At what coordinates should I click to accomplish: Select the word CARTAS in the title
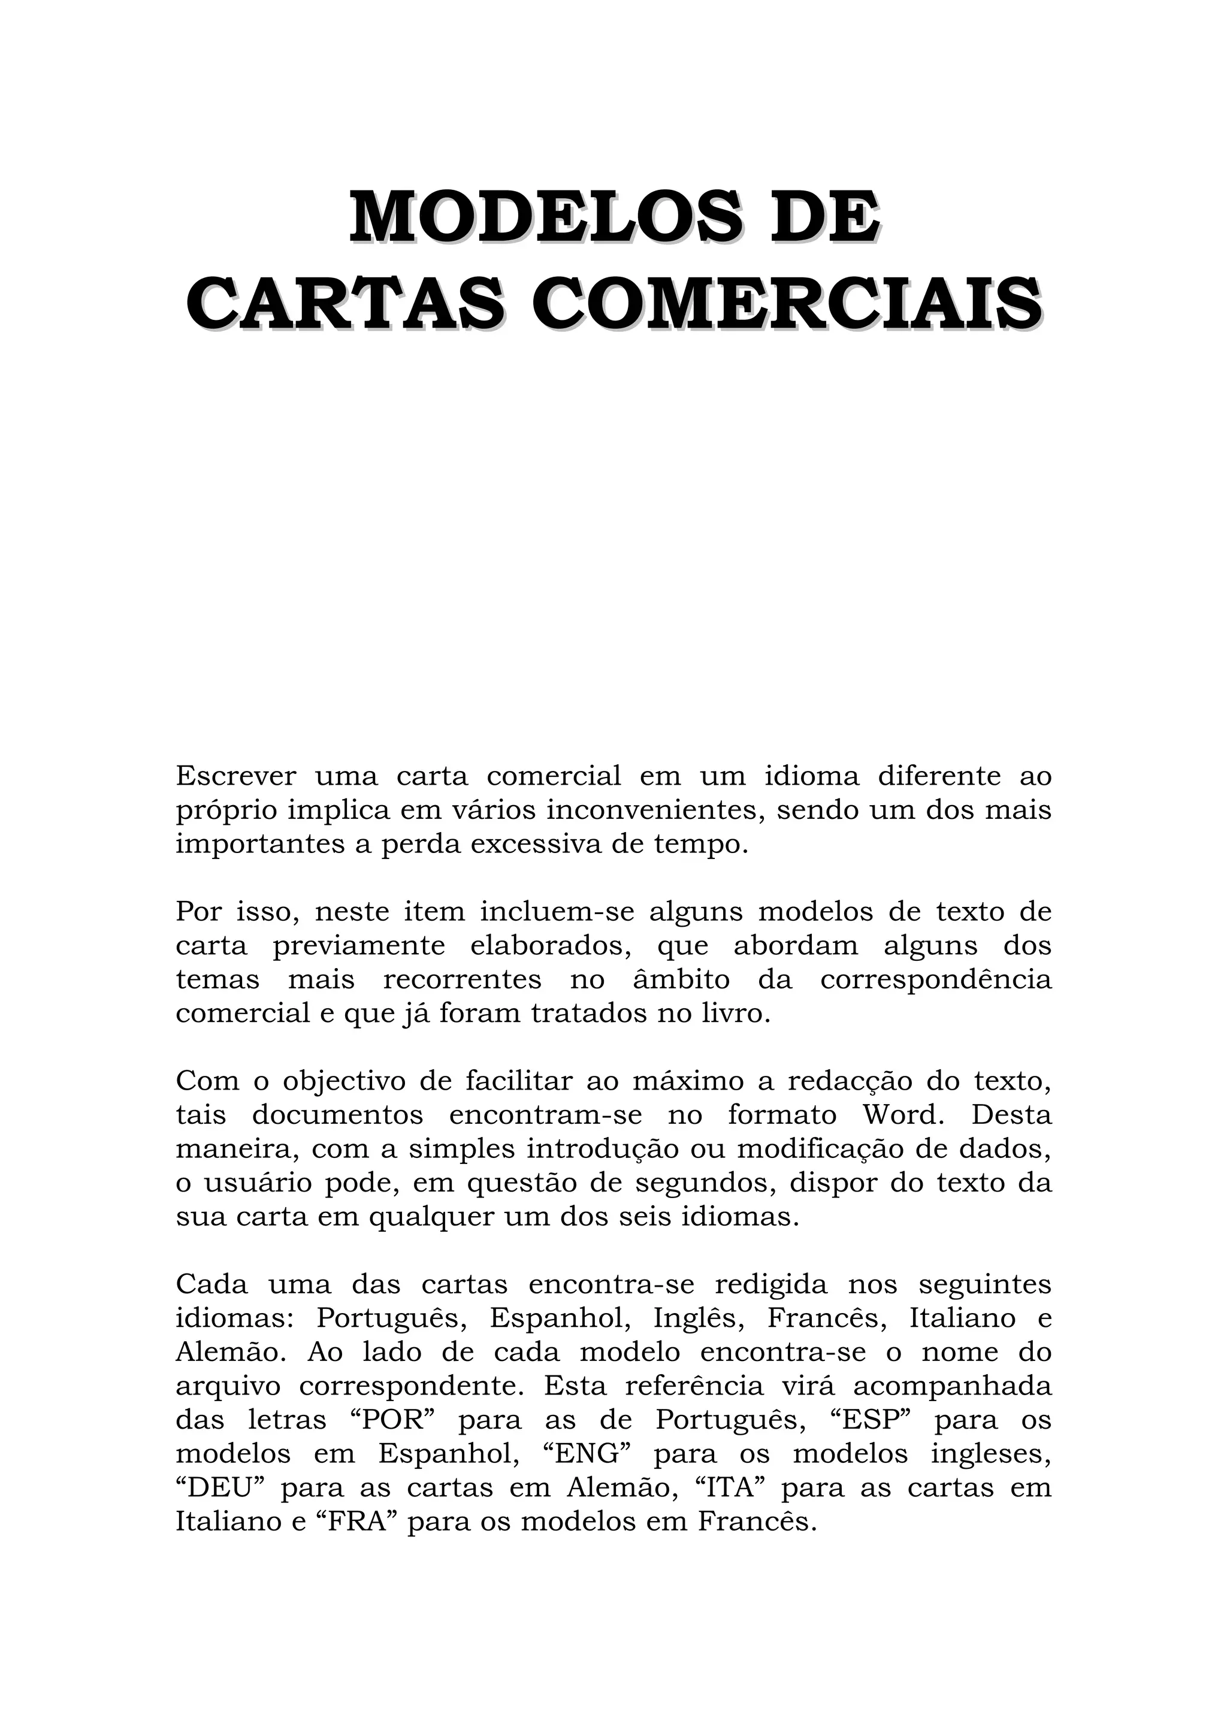coord(344,304)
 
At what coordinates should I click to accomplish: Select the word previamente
coord(358,946)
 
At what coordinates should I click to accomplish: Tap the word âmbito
coord(681,980)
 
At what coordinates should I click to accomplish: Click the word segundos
coord(705,1183)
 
